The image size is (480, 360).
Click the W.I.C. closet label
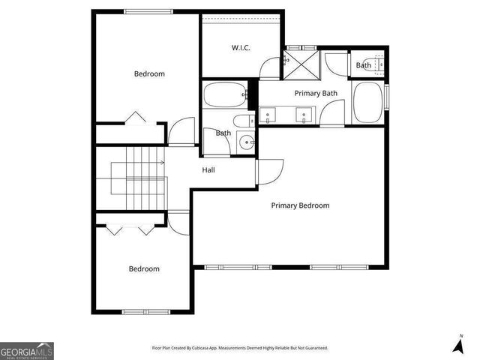(x=240, y=48)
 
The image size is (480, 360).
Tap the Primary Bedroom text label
(x=300, y=205)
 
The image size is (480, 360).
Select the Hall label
(x=208, y=170)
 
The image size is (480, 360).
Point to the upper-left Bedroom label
(x=149, y=73)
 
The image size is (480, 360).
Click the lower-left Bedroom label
(x=143, y=268)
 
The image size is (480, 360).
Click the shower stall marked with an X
(x=301, y=63)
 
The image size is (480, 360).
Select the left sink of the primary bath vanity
(x=268, y=115)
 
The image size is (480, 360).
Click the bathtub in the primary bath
(x=367, y=101)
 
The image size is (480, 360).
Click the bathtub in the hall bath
(x=223, y=96)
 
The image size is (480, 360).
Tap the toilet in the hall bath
(x=241, y=121)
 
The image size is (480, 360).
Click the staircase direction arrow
(x=161, y=162)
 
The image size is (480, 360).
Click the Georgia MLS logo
(x=27, y=351)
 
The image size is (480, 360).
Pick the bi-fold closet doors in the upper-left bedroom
(x=135, y=118)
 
